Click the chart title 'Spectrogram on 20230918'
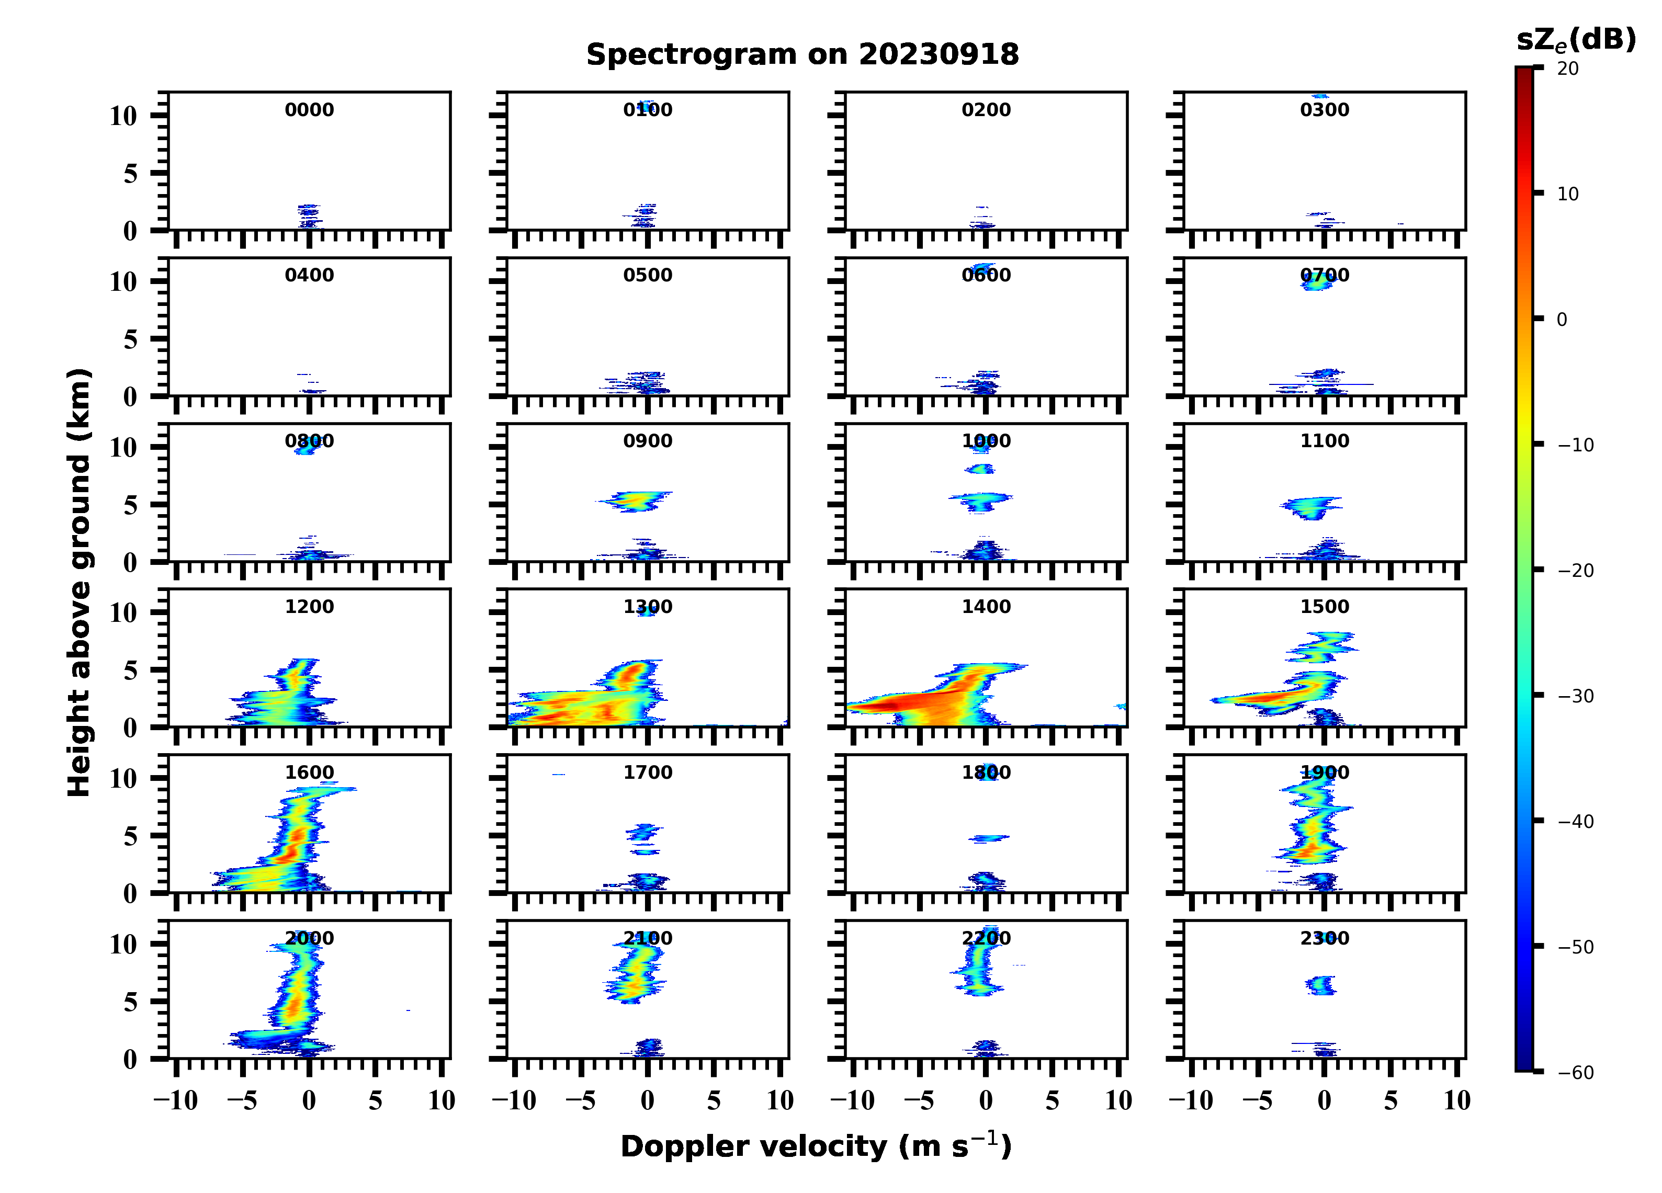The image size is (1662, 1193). [x=802, y=55]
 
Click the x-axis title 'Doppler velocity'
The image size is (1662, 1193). [x=816, y=1147]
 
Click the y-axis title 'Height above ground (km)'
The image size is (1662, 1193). [x=79, y=583]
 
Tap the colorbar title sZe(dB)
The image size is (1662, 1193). [x=1576, y=40]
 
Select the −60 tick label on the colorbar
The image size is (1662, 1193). [x=1576, y=1073]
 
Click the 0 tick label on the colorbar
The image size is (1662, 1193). [x=1562, y=320]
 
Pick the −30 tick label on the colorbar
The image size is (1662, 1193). [x=1576, y=696]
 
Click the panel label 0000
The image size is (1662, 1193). [x=309, y=110]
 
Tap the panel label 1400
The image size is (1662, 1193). [x=986, y=607]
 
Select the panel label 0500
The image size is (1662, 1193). [x=648, y=276]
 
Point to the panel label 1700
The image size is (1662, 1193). [x=648, y=772]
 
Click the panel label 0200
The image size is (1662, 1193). [x=986, y=110]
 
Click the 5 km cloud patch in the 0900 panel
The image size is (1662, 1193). [x=635, y=501]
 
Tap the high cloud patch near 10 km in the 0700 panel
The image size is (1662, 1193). [x=1317, y=281]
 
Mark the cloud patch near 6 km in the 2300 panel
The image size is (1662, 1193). [x=1321, y=985]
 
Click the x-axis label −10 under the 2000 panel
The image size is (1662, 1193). [x=176, y=1100]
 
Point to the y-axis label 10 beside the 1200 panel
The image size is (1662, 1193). [x=123, y=613]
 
